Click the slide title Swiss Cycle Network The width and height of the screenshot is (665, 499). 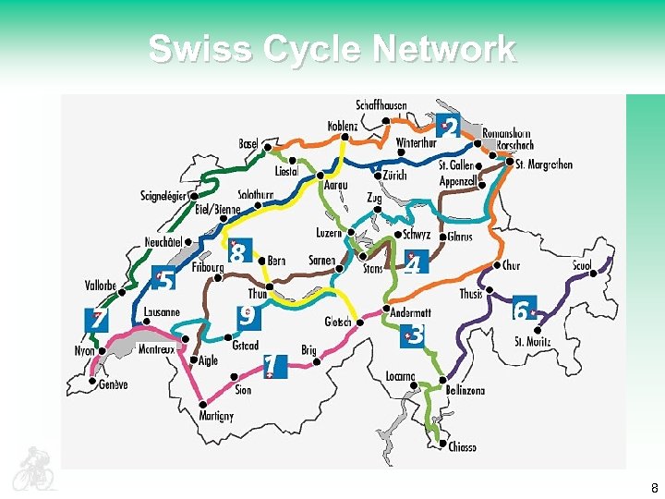(x=332, y=49)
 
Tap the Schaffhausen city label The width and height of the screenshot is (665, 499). (x=381, y=105)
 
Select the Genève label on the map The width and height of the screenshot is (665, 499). (x=114, y=384)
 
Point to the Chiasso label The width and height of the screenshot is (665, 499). (x=462, y=447)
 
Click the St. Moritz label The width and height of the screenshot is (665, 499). (x=533, y=342)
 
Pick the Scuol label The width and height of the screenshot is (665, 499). (x=582, y=266)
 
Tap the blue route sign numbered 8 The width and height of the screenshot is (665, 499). (x=239, y=252)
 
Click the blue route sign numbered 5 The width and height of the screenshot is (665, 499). (x=164, y=279)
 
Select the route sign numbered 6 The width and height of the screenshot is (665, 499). (x=524, y=310)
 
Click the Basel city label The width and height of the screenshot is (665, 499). (x=248, y=144)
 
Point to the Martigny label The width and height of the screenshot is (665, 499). (x=216, y=416)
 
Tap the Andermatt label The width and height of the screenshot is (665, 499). (x=410, y=313)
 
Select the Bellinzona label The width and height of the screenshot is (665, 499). (x=464, y=391)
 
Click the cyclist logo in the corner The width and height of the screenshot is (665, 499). (x=34, y=468)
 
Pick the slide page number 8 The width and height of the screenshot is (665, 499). (x=654, y=487)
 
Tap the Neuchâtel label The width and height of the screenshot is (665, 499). (x=163, y=243)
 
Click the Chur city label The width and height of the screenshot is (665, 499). (x=511, y=265)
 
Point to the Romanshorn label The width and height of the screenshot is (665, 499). (x=507, y=133)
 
